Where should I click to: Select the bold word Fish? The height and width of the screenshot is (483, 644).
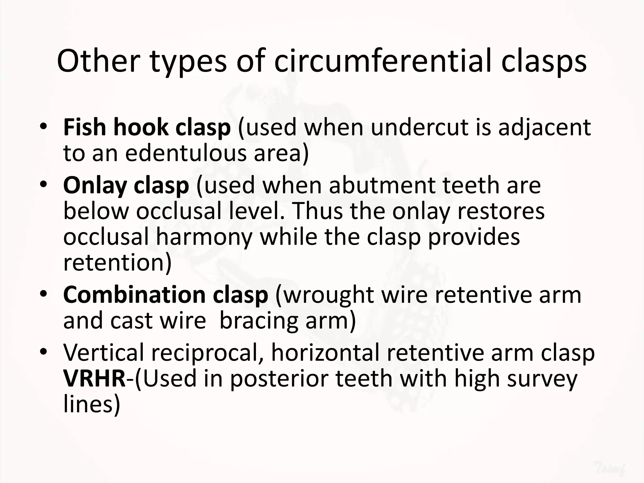[x=85, y=127]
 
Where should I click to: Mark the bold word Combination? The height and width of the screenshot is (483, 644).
[x=134, y=295]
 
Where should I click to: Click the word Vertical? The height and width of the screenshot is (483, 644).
[x=104, y=353]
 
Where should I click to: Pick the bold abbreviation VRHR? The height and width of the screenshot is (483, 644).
[x=94, y=378]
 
